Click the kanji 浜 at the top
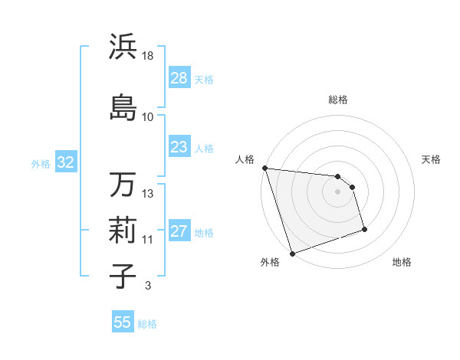pos(123,47)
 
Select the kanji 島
pos(123,106)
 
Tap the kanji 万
pos(123,184)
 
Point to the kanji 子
pos(123,276)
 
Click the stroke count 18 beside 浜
pos(148,57)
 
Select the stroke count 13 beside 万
pos(148,194)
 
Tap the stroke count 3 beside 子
pos(147,286)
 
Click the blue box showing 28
pos(179,78)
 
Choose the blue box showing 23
pos(179,147)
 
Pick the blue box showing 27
pos(179,231)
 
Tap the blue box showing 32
pos(65,162)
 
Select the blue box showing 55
pos(123,322)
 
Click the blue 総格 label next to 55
pos(147,324)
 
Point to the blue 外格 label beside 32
pos(41,163)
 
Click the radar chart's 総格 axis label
pos(338,100)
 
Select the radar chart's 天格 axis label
pos(432,159)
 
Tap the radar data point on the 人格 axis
pos(264,168)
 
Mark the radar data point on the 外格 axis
pos(292,253)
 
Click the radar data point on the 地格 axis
pos(364,229)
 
